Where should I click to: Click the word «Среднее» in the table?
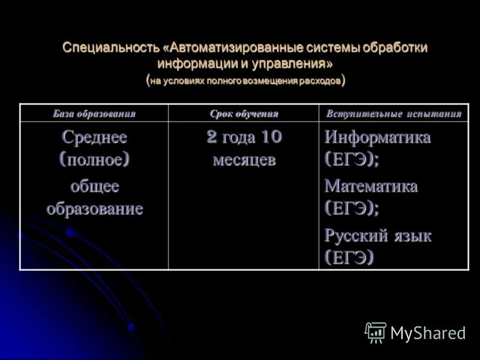94,137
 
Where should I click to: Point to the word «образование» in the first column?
94,209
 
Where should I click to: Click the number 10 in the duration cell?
271,137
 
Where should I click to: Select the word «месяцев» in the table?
244,161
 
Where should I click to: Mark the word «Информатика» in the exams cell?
377,137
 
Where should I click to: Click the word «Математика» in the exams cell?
371,186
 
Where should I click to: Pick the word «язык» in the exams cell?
412,235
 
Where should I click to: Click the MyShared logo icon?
376,332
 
